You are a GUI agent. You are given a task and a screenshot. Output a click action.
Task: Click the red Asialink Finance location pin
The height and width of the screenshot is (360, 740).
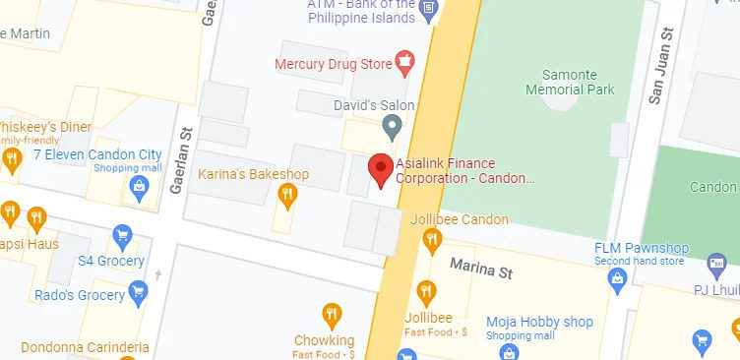[382, 170]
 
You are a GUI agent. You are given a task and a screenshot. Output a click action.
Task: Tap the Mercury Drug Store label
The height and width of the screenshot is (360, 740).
[332, 65]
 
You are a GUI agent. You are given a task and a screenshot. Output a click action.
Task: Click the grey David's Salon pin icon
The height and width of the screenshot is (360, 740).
[392, 125]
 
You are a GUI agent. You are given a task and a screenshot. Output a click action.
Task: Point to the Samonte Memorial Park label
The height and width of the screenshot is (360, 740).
[578, 82]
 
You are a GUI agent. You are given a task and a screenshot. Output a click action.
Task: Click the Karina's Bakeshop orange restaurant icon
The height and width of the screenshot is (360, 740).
[287, 195]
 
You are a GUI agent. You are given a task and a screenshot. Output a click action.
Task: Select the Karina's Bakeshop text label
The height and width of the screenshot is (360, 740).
[254, 175]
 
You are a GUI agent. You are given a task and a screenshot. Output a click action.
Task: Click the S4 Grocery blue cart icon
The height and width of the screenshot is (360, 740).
[123, 236]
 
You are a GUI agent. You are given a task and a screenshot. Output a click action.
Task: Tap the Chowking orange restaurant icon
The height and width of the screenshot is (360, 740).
[333, 316]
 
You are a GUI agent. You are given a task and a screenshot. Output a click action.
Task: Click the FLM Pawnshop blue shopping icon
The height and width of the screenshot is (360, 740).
[618, 280]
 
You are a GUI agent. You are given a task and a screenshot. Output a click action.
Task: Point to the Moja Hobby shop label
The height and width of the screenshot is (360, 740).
[539, 322]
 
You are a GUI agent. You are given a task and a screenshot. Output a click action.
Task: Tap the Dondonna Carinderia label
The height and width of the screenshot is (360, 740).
[75, 347]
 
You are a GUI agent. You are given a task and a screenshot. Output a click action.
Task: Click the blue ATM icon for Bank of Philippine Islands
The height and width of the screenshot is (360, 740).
[427, 12]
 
